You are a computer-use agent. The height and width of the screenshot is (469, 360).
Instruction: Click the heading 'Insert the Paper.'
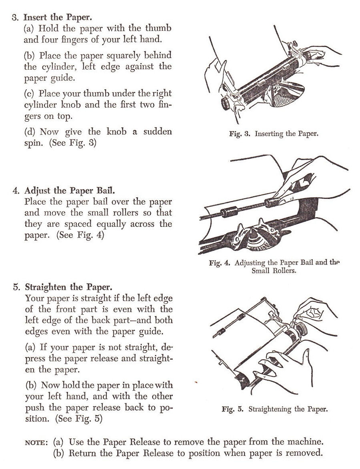pyautogui.click(x=58, y=17)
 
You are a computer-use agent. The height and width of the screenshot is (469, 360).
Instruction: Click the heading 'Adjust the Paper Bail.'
pyautogui.click(x=70, y=190)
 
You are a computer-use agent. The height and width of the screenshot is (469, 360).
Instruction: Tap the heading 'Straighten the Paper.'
pyautogui.click(x=69, y=287)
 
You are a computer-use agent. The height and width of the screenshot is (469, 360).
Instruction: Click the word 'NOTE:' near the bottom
pyautogui.click(x=36, y=442)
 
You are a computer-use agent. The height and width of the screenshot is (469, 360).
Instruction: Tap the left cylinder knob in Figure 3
pyautogui.click(x=226, y=103)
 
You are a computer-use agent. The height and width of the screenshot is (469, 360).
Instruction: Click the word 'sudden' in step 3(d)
pyautogui.click(x=157, y=132)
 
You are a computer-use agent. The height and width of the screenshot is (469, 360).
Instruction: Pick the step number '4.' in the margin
pyautogui.click(x=16, y=190)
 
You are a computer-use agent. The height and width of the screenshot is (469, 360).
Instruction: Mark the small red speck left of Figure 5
pyautogui.click(x=196, y=382)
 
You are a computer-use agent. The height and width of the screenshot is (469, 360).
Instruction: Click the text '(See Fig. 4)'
pyautogui.click(x=80, y=235)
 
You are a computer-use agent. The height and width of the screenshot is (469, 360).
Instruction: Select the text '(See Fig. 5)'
pyautogui.click(x=79, y=419)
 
